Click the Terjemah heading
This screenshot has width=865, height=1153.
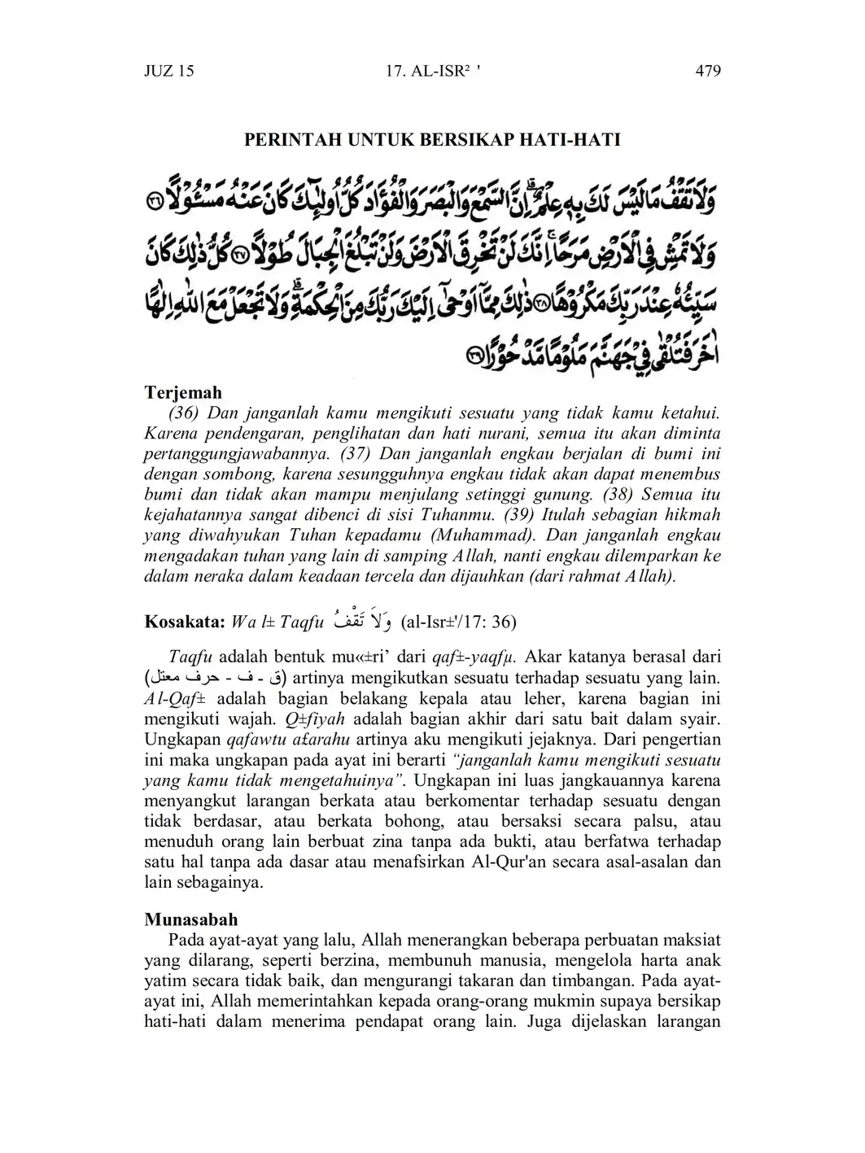click(x=183, y=393)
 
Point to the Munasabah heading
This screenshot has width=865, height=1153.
click(x=191, y=919)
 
